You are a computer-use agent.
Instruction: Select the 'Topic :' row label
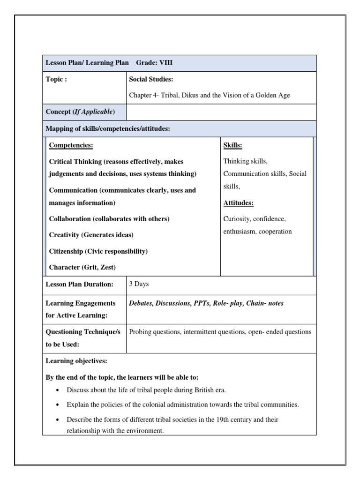point(56,79)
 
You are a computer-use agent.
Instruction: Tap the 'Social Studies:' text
point(151,79)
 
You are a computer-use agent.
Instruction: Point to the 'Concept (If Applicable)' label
point(80,112)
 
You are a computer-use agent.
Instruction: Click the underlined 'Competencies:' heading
point(71,145)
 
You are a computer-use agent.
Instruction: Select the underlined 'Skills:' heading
point(233,145)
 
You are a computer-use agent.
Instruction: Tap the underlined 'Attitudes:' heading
point(238,203)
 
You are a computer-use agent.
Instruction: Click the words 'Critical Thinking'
point(75,161)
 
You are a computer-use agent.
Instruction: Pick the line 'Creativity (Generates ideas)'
point(91,234)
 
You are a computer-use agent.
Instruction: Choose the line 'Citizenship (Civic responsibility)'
point(98,251)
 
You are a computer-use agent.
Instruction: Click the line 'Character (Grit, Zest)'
point(82,267)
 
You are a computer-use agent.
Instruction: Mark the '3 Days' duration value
point(139,284)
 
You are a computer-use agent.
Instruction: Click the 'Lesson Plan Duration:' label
point(79,284)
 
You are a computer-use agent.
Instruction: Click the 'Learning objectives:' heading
point(76,361)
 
